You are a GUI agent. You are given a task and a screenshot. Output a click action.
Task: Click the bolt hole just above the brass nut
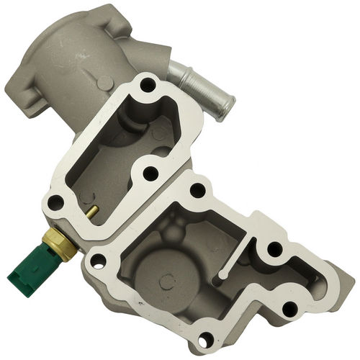coord(54,203)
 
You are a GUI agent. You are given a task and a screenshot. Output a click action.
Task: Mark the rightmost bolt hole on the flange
coord(290,310)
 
